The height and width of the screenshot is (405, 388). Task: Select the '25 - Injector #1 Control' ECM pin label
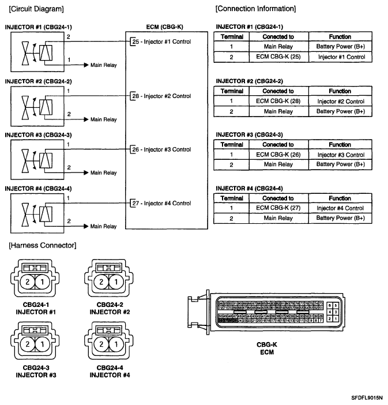click(x=161, y=42)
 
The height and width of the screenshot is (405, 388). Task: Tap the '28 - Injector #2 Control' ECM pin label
click(x=161, y=96)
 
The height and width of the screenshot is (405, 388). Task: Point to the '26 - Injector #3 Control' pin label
click(x=161, y=149)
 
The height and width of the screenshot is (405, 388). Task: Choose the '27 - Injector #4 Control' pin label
click(x=161, y=203)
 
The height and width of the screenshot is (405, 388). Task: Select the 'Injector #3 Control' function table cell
click(x=340, y=155)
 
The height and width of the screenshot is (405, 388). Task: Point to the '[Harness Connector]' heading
click(x=42, y=246)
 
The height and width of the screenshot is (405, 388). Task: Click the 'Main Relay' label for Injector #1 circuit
click(x=104, y=65)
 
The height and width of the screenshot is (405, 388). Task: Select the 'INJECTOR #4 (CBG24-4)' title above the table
click(x=249, y=189)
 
